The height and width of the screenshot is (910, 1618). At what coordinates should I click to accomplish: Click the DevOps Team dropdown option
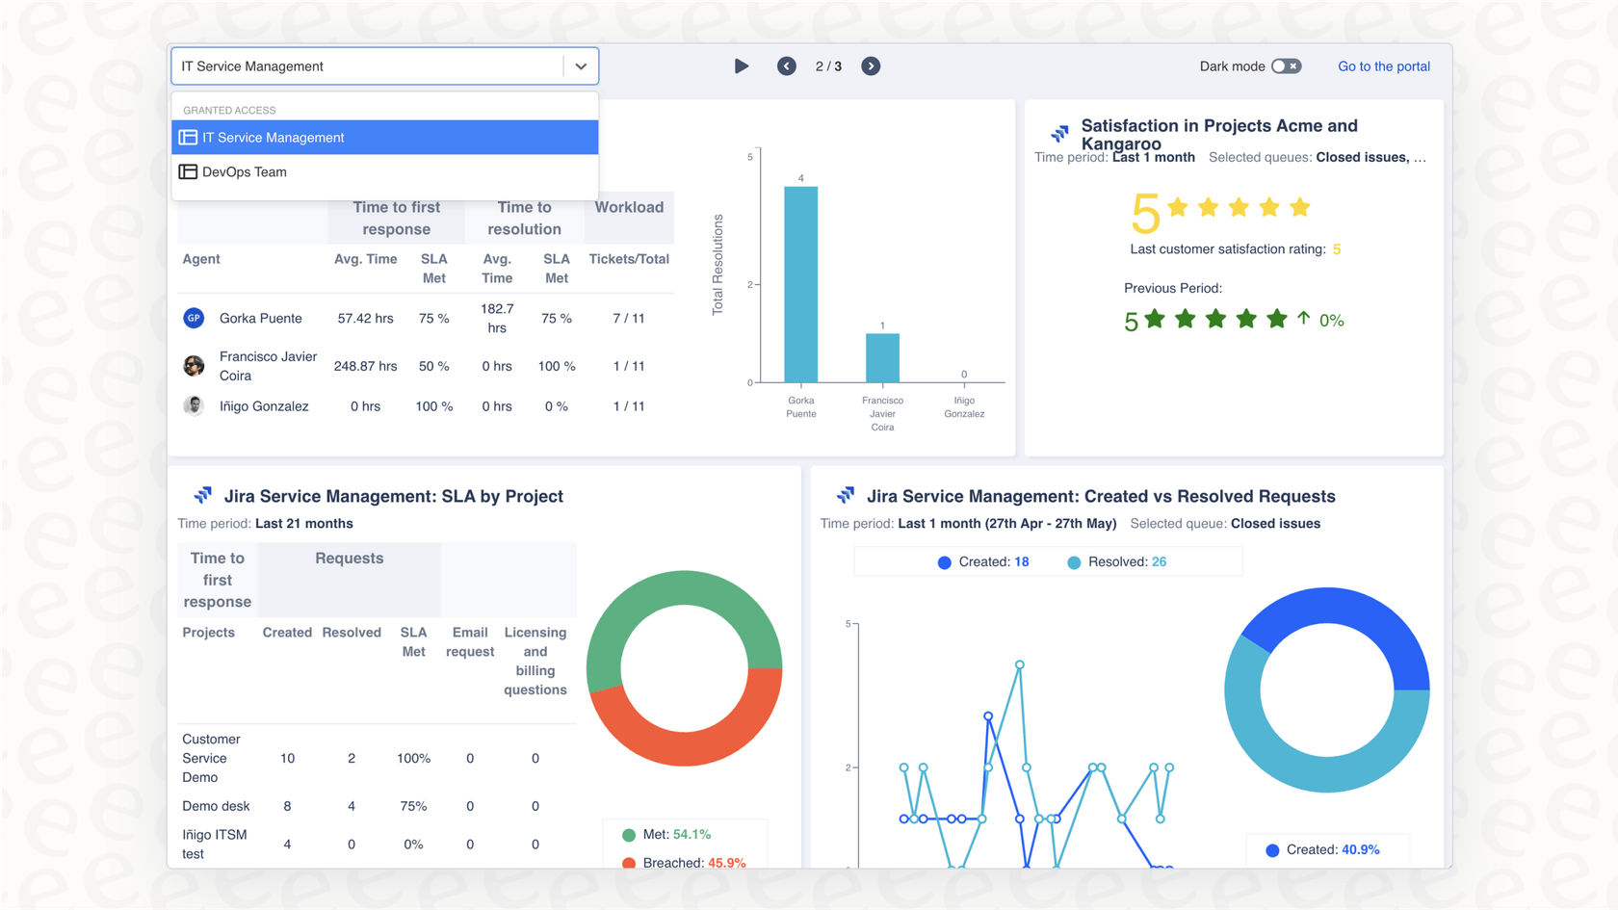coord(245,172)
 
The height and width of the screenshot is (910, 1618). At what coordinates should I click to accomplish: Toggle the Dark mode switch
coord(1286,66)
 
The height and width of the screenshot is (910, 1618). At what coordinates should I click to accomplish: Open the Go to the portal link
coord(1383,66)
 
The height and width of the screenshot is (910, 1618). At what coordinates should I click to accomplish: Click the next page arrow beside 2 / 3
coord(871,66)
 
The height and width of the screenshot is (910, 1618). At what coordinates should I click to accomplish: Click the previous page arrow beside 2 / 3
coord(787,66)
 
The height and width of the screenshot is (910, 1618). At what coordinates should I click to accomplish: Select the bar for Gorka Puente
coord(800,284)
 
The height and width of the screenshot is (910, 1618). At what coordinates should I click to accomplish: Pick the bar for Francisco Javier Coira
coord(882,358)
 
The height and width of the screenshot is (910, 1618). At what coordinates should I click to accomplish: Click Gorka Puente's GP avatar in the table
coord(194,318)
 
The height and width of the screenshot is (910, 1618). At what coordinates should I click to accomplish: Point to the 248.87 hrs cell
coord(365,366)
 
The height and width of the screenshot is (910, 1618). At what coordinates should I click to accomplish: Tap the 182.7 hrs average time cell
coord(497,319)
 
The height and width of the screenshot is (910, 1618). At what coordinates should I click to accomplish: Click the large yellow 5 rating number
coord(1145,213)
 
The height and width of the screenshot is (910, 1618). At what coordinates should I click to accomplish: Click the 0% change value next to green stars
coord(1331,321)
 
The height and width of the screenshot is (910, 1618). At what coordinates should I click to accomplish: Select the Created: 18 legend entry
coord(983,562)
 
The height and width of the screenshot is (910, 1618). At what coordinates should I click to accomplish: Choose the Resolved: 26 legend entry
coord(1117,562)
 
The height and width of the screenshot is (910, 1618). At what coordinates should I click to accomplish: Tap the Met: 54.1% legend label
coord(676,835)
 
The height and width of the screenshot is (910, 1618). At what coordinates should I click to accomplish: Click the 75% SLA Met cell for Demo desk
coord(413,806)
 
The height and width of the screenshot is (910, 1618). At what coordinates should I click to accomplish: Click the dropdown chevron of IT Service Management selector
coord(581,66)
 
